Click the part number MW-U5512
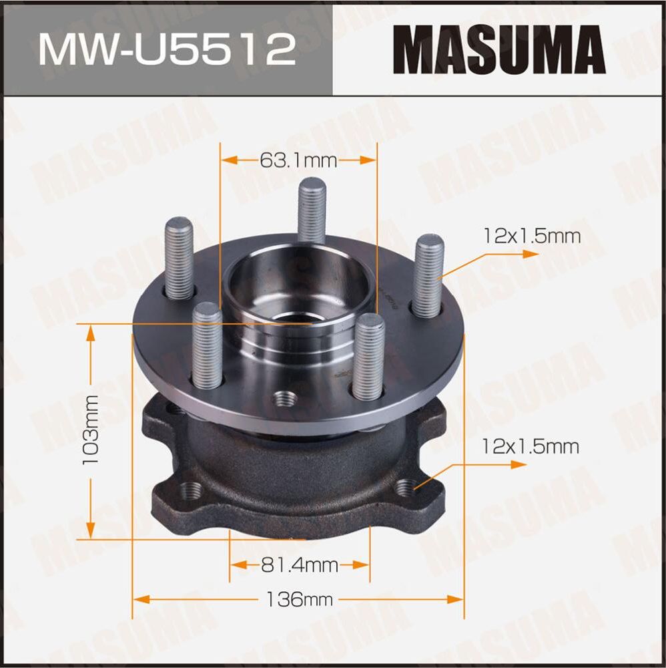click(x=167, y=50)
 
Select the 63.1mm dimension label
click(x=299, y=160)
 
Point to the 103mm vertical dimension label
click(x=90, y=431)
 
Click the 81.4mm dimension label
click(x=299, y=566)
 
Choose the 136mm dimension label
click(x=299, y=599)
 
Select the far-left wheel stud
click(x=179, y=258)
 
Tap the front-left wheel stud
click(x=208, y=344)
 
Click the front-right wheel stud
click(x=369, y=354)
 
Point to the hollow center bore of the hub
click(x=294, y=294)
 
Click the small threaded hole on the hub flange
click(x=285, y=399)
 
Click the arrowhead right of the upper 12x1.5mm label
click(x=530, y=255)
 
